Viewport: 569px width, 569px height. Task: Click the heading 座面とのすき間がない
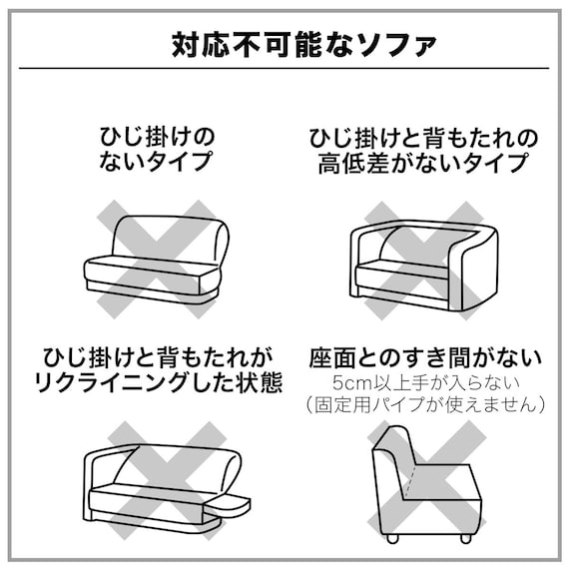click(x=425, y=356)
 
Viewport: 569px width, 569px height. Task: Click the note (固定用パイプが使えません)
click(x=425, y=405)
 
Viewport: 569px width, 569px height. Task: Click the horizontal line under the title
click(x=284, y=69)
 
